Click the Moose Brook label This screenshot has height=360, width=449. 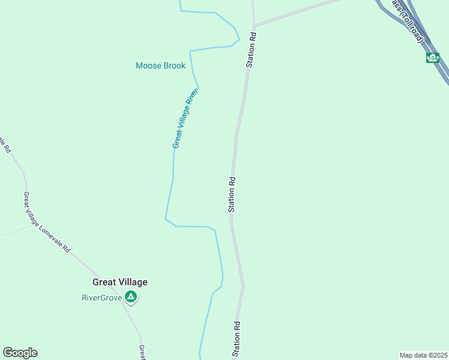[x=160, y=65]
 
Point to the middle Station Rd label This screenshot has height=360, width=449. [x=232, y=194]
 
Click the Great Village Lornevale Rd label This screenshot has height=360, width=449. [x=47, y=222]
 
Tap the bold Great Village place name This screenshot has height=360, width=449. [x=119, y=282]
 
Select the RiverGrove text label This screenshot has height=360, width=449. [x=102, y=297]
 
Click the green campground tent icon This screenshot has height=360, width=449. [x=131, y=297]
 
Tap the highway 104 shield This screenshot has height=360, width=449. [x=432, y=58]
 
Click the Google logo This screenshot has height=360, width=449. [x=20, y=353]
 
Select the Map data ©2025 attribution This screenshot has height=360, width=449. [x=423, y=355]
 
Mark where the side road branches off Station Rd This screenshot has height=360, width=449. [x=255, y=25]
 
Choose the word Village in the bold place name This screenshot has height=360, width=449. [x=133, y=282]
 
